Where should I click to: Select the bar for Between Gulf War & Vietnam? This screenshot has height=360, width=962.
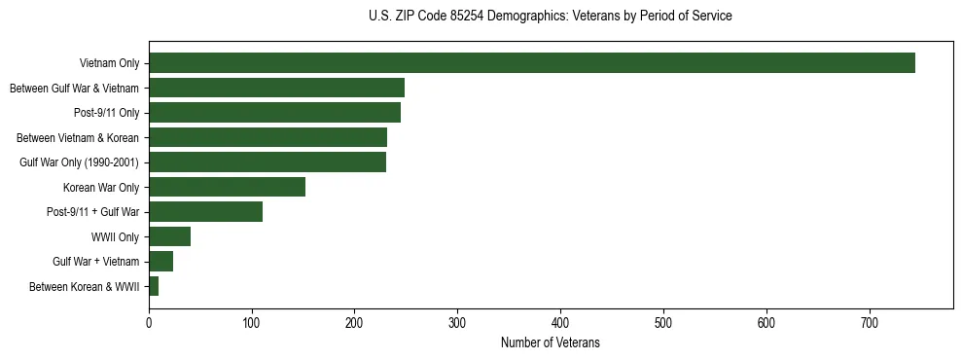coord(276,89)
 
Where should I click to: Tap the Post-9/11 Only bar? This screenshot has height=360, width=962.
coord(274,113)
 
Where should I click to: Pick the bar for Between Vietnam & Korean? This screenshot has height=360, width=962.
coord(267,138)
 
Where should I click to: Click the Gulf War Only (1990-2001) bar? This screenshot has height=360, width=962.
coord(267,162)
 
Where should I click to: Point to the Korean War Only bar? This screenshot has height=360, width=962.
coord(227,187)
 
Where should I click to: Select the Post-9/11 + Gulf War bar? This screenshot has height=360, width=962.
coord(205,212)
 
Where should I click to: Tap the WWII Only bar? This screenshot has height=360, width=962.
coord(169,236)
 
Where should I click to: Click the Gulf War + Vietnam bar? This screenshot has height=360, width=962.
coord(160,262)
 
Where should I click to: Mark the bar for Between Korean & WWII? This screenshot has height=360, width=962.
coord(154,286)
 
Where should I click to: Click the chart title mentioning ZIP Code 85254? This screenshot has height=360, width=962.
coord(551,17)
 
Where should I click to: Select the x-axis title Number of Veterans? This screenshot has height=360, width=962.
coord(551,343)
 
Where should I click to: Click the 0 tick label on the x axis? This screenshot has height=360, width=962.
coord(149,325)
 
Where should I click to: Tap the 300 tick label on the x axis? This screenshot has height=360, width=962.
coord(458,325)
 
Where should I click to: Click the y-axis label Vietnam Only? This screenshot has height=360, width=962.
coord(109,64)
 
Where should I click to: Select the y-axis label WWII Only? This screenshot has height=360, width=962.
coord(115,237)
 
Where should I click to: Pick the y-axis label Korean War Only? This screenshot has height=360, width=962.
coord(101,188)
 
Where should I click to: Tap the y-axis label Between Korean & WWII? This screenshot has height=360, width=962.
coord(85,287)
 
